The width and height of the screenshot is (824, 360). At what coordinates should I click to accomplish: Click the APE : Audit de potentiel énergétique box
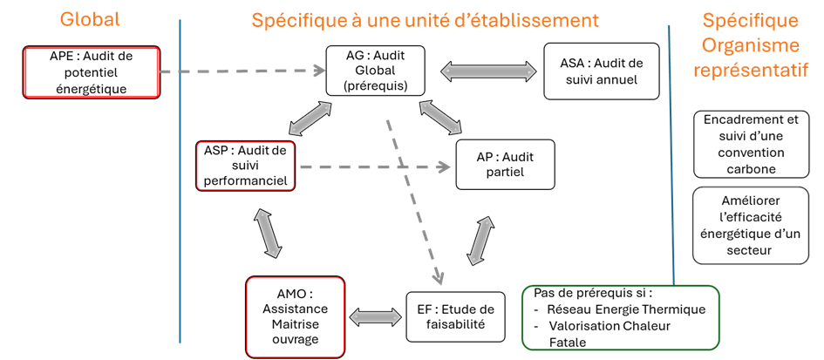point(92,72)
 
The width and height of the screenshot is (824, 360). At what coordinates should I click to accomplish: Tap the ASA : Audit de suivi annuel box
point(601,71)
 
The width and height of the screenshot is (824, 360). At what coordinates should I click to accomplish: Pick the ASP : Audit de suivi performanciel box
point(246,164)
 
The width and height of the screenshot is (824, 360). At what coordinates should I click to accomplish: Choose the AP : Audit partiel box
point(505,164)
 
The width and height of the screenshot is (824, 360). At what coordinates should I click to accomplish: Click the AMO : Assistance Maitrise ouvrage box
point(295,316)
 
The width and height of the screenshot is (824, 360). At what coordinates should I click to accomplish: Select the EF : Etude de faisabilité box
point(455,316)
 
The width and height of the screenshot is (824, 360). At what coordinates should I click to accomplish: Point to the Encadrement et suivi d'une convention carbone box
point(751,144)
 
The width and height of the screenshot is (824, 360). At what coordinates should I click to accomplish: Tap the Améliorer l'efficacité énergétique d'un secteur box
point(751,226)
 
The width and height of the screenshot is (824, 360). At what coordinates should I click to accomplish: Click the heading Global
point(90,19)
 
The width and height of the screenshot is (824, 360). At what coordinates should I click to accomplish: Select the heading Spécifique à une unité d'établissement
point(425,19)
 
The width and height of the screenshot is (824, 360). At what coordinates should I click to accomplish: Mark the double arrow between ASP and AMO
point(269,233)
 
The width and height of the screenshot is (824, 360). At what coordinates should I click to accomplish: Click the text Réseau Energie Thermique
point(625,309)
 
